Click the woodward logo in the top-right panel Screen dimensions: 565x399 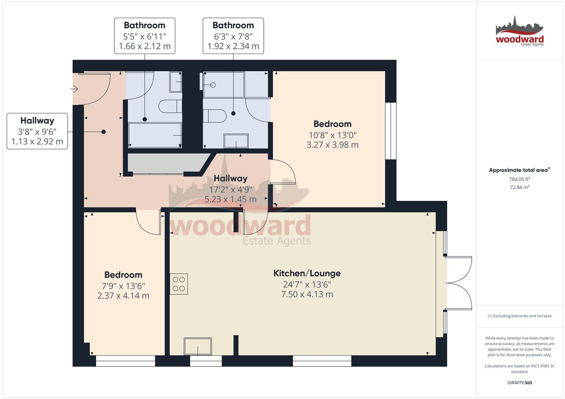point(519,31)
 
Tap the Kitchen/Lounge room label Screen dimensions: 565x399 point(307,273)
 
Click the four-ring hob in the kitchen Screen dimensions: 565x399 point(179,284)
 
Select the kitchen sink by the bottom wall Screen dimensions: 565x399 point(198,347)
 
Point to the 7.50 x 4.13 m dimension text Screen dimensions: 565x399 point(307,294)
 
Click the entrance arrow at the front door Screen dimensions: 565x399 point(74,89)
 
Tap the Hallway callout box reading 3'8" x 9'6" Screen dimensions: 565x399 point(37,131)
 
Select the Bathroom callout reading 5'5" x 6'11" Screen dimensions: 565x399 point(145,36)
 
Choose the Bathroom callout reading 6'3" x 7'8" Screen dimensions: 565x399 point(233,36)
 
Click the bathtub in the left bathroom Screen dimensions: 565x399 point(155,135)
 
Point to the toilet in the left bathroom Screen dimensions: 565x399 point(170,106)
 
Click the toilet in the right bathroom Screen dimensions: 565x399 point(215,116)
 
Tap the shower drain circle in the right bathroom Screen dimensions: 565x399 point(213,85)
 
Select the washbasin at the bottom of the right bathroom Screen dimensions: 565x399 point(236,141)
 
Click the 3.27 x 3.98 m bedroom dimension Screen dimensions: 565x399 point(332,145)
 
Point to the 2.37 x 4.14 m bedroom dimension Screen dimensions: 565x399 point(123,296)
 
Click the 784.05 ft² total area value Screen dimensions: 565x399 point(519,179)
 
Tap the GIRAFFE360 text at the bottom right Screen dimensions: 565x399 point(519,383)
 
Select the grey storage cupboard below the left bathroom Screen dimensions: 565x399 point(167,163)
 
